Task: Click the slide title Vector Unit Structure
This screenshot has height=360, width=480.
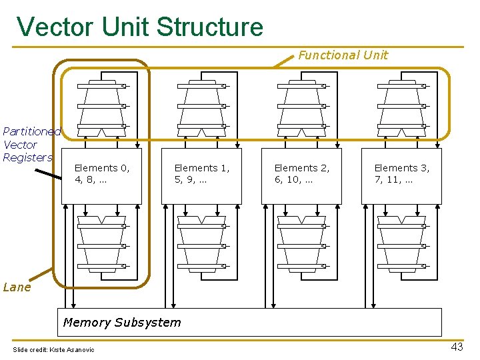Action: (140, 27)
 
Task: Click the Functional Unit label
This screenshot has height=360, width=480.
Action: (343, 55)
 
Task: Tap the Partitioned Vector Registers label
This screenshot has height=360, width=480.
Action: (30, 145)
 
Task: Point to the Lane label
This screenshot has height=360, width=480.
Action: (17, 287)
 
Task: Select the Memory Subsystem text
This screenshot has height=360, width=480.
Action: (121, 323)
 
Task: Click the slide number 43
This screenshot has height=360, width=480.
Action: (457, 347)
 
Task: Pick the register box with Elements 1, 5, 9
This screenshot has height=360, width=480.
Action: (201, 175)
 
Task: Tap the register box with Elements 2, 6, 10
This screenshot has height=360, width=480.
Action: (301, 175)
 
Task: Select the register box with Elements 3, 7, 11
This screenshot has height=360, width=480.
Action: (401, 175)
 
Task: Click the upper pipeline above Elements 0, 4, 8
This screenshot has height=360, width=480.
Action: (101, 107)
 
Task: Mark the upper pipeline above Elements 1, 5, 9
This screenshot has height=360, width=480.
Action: (201, 107)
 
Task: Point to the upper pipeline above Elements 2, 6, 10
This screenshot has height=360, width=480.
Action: (301, 107)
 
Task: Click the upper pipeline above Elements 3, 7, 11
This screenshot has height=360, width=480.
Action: (401, 107)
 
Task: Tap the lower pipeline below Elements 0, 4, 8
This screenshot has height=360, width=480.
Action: (101, 243)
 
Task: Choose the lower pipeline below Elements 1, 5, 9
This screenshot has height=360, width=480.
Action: (201, 243)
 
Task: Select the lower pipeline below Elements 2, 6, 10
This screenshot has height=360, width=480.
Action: (301, 243)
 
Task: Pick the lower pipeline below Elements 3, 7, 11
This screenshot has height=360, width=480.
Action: (401, 243)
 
